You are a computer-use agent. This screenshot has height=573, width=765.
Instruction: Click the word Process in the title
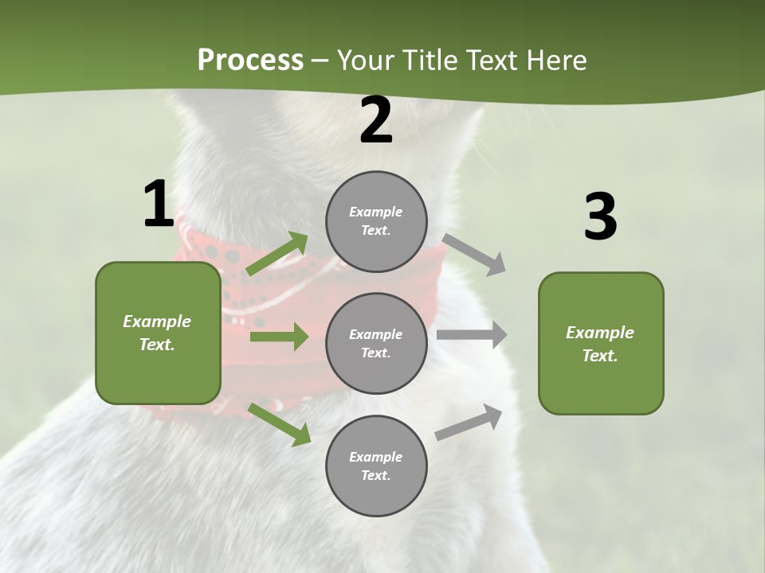[250, 60]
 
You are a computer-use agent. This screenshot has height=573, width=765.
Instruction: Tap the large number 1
[159, 205]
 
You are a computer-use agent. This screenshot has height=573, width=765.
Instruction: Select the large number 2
[376, 121]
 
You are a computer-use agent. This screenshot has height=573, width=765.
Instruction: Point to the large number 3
[600, 217]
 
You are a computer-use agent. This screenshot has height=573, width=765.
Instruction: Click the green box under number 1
[158, 333]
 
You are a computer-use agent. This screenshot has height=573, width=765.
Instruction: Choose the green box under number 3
[601, 344]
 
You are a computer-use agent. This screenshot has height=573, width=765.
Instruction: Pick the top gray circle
[376, 221]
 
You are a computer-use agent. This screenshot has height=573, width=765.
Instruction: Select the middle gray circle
[376, 344]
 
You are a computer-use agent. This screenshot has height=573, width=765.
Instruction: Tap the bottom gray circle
[376, 466]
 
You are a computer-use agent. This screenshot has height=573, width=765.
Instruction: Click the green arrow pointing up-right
[277, 254]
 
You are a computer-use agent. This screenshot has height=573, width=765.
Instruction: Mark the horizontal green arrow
[279, 337]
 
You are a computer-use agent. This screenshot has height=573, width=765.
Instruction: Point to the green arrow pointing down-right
[279, 424]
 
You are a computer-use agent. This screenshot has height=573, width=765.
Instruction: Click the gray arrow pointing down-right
[474, 254]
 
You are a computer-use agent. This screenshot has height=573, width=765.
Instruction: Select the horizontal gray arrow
[472, 335]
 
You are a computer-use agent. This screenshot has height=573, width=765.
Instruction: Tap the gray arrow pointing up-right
[469, 423]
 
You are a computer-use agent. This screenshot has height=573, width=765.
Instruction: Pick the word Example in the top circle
[376, 212]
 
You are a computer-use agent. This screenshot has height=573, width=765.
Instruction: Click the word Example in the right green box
[600, 333]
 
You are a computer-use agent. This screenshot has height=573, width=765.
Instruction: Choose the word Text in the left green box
[157, 345]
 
